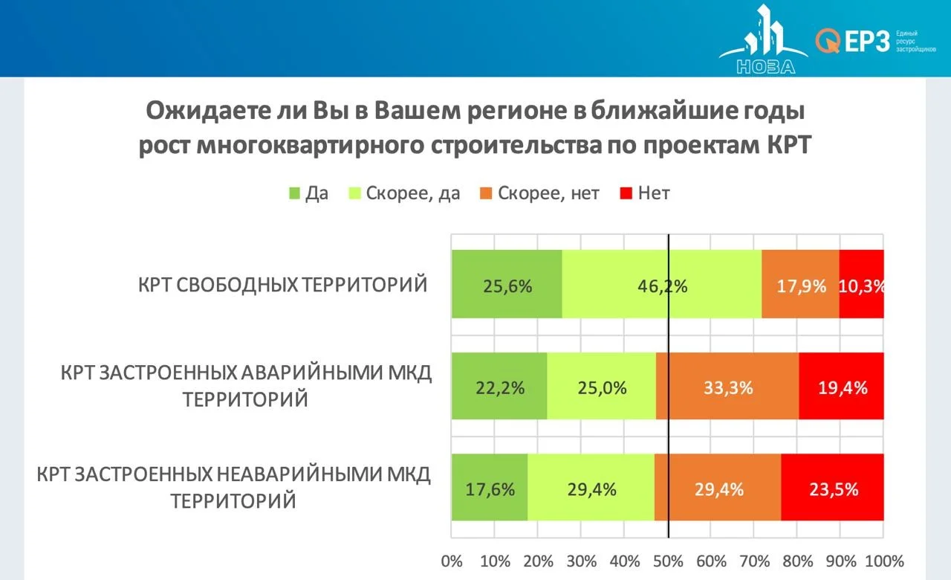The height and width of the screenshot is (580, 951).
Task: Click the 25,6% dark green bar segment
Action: coord(507,284)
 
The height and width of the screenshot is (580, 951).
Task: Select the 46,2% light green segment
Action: coord(661,284)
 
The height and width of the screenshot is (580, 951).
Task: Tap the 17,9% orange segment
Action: coord(800,284)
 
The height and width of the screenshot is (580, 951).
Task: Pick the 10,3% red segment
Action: coord(862,284)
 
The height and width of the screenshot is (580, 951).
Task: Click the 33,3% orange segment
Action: coord(727,387)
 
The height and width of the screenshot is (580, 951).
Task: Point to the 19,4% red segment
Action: coord(842,387)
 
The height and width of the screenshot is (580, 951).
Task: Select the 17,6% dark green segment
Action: coord(489,489)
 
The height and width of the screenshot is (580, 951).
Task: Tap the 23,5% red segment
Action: coord(833,489)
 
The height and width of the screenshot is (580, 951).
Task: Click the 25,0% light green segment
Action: coord(601,387)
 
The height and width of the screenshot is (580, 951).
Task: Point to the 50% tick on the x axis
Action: coord(668,560)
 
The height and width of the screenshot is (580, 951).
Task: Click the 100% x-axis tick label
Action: coord(884,560)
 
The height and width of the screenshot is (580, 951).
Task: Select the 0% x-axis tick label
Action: coord(452,560)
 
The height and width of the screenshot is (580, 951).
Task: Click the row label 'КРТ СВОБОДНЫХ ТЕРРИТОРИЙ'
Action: coord(283,285)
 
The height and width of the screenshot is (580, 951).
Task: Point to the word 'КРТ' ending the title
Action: coord(789,145)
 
